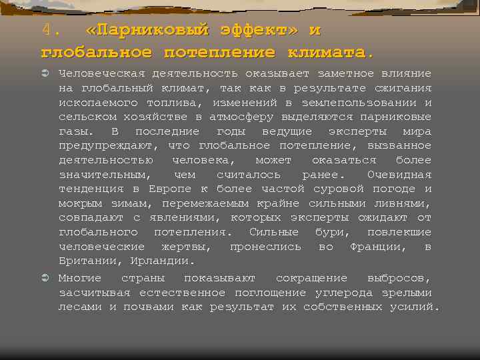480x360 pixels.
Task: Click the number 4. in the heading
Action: click(x=51, y=31)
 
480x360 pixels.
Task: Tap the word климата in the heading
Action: click(x=327, y=51)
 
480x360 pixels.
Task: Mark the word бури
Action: click(x=331, y=232)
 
